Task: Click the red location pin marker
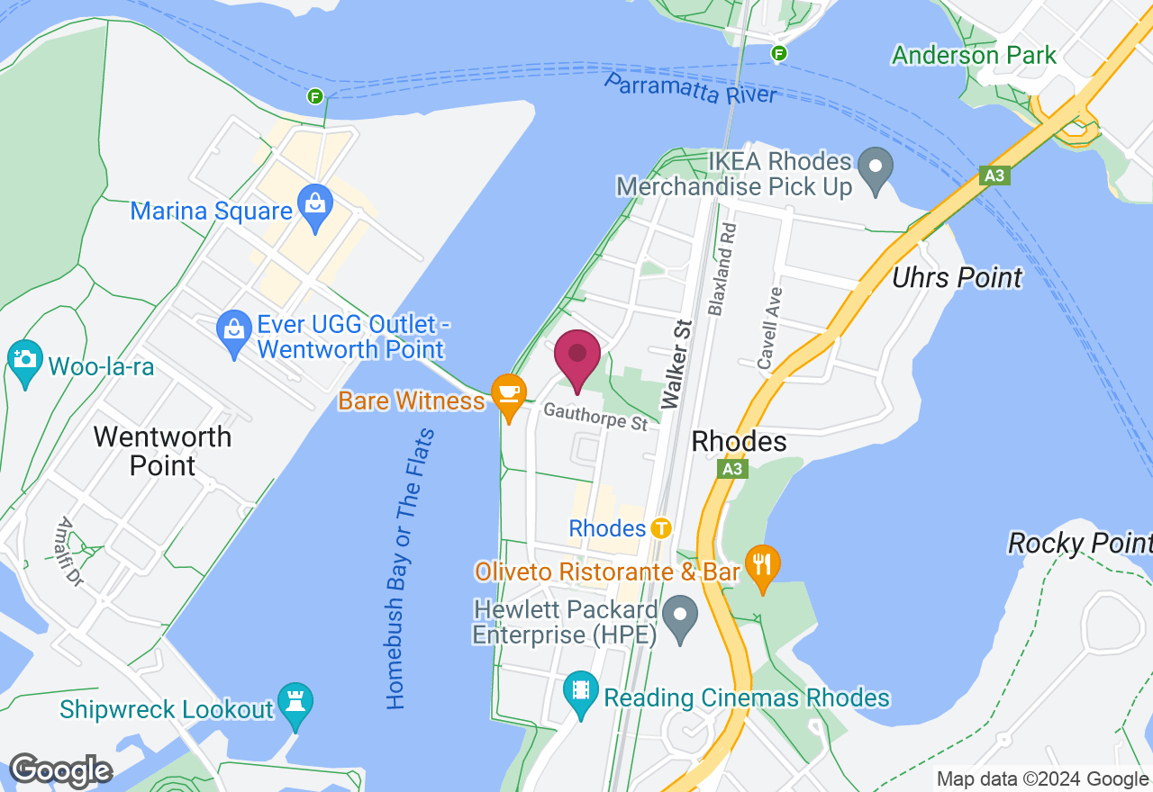(x=577, y=356)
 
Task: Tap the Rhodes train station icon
(x=662, y=527)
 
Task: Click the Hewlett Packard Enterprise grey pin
(x=680, y=616)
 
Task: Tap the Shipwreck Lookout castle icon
(x=295, y=703)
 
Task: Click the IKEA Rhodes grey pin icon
(x=874, y=168)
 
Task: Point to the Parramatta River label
(x=689, y=88)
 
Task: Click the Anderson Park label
(x=974, y=55)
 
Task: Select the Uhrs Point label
(x=957, y=277)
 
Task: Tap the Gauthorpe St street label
(x=595, y=417)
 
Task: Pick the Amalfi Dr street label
(x=70, y=552)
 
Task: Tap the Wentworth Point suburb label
(x=162, y=451)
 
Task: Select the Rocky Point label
(x=1079, y=543)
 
